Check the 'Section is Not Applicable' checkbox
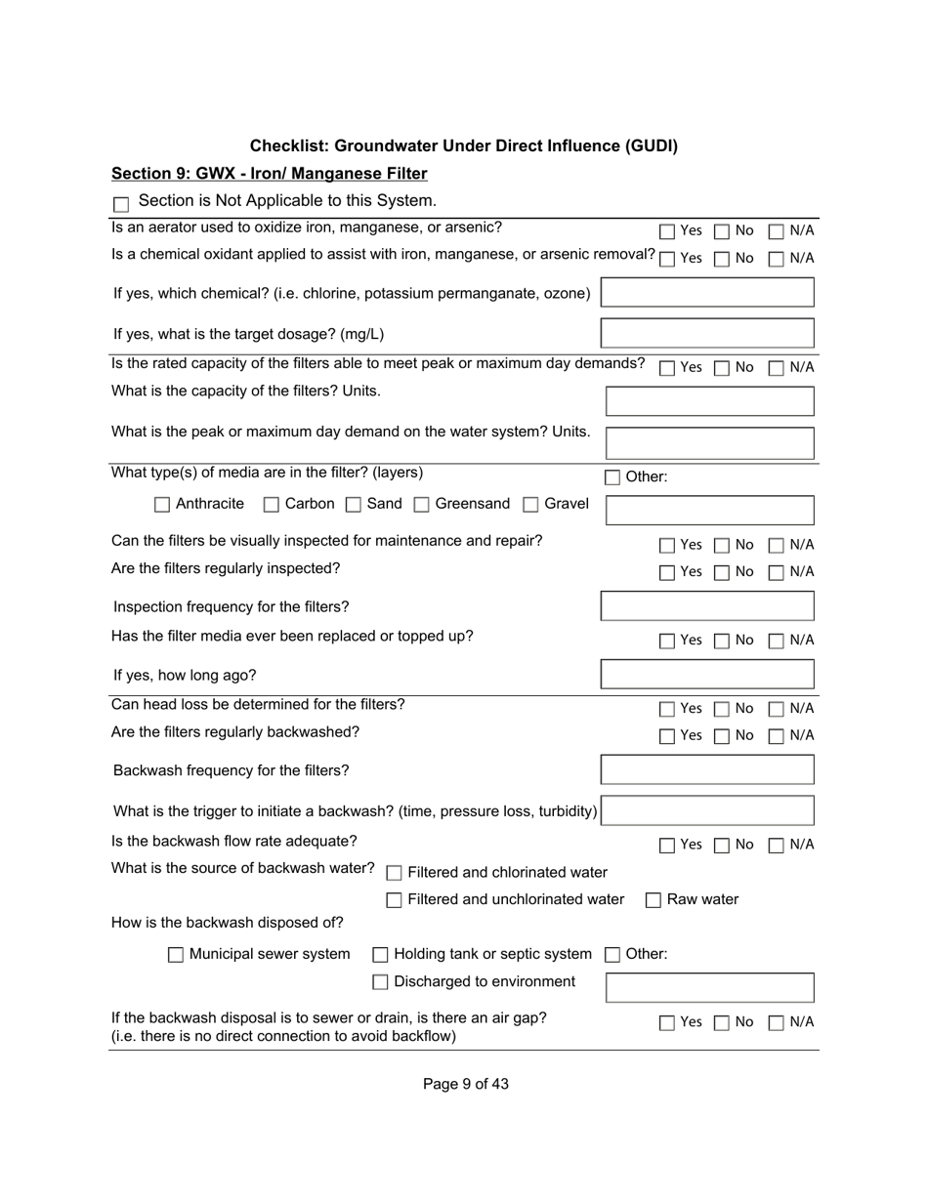[121, 204]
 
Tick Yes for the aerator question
[667, 231]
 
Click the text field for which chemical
[707, 293]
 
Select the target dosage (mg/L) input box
[707, 334]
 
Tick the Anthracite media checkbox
[162, 505]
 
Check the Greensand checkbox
[422, 505]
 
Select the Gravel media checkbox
[531, 505]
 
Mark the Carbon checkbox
[272, 505]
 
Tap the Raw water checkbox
[654, 900]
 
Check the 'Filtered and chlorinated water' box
[395, 873]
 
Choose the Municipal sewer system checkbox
[176, 955]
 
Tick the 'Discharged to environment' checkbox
[381, 982]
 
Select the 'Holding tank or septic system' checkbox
[381, 955]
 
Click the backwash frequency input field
[707, 770]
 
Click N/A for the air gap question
[777, 1023]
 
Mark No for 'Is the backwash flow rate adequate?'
[722, 846]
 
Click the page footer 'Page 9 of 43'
[465, 1084]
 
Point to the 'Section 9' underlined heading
[270, 174]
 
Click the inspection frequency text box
[707, 606]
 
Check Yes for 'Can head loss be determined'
[667, 709]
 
